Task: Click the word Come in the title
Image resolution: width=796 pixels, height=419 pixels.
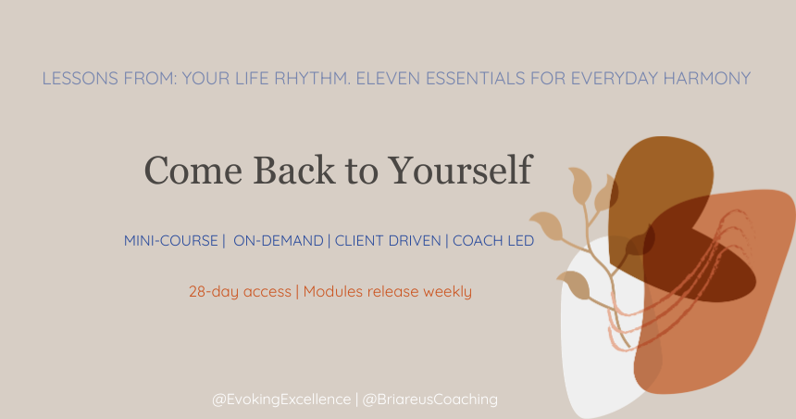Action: tap(181, 171)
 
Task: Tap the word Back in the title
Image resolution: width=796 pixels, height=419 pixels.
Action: tap(267, 171)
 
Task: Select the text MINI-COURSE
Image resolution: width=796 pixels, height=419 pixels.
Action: tap(170, 241)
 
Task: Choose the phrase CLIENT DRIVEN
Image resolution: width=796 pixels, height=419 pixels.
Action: tap(388, 241)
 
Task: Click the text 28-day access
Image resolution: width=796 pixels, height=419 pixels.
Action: tap(240, 292)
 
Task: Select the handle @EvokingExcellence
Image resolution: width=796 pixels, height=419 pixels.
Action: tap(281, 400)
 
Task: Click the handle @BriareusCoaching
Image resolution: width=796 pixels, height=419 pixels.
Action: tap(430, 400)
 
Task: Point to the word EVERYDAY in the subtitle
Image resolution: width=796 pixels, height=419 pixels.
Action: tap(589, 79)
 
